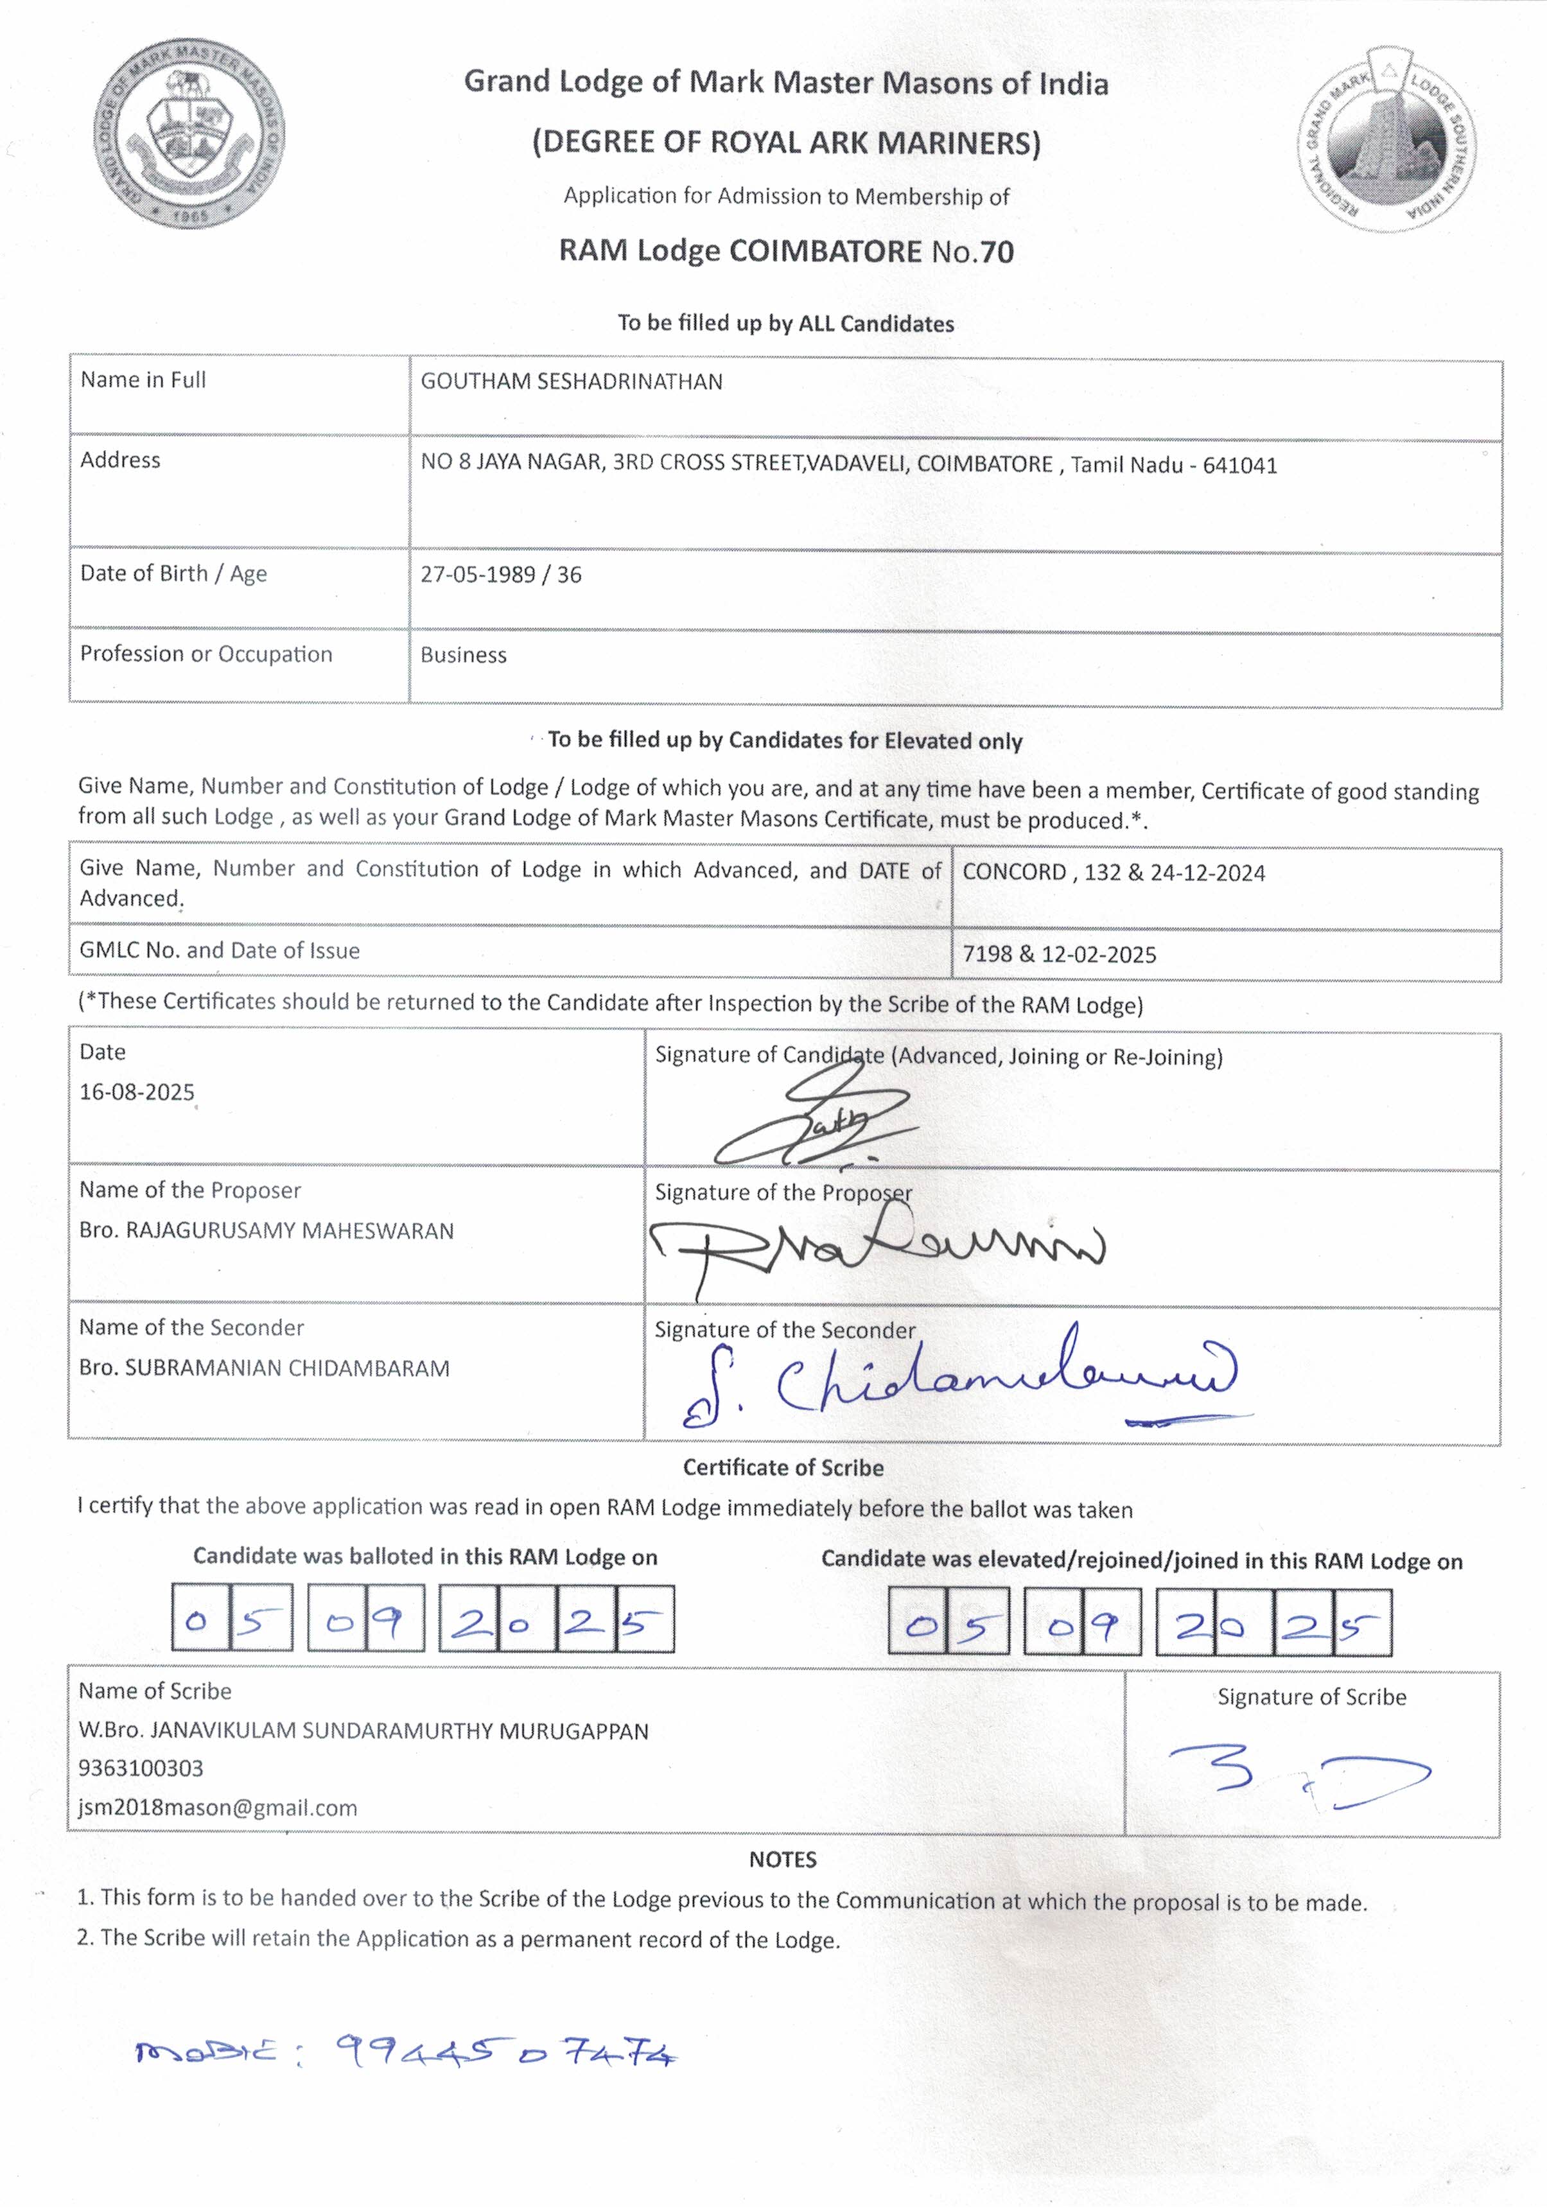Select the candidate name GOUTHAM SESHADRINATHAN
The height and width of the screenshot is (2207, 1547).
pos(571,381)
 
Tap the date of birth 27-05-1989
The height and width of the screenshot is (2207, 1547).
pos(477,575)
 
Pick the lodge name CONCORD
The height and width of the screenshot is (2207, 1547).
pos(1013,872)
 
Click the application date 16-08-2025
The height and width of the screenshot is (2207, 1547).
pos(137,1092)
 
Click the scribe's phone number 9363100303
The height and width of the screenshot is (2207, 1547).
pos(141,1768)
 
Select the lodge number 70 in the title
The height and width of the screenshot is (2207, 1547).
pos(997,252)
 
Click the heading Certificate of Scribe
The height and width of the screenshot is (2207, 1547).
pos(783,1468)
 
